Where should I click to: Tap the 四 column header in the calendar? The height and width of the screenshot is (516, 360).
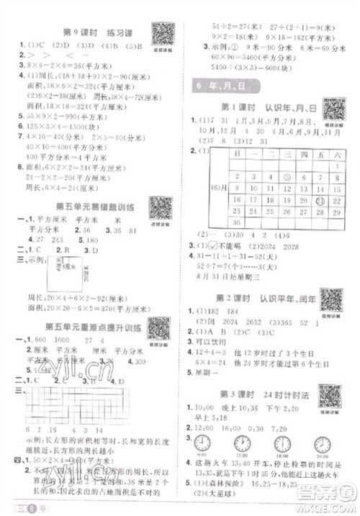(286, 155)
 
